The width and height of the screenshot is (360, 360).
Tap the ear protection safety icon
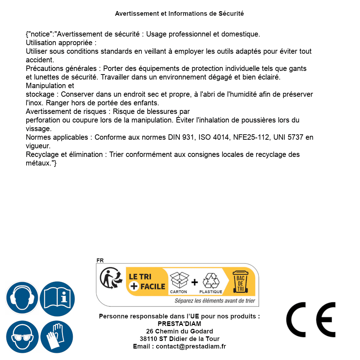pos(22,298)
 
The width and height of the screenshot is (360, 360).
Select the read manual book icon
pos(57,298)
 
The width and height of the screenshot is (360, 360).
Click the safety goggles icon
pos(22,337)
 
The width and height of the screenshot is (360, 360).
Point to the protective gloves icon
pos(57,337)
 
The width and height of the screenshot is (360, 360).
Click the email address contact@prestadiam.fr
pos(191,346)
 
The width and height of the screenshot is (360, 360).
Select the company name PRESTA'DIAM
pos(179,324)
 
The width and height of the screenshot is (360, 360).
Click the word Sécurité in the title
pos(231,14)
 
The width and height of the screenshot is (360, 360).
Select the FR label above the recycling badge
pos(100,260)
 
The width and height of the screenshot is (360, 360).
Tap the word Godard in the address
pos(201,331)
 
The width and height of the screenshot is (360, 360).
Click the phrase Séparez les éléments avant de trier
pos(215,301)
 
